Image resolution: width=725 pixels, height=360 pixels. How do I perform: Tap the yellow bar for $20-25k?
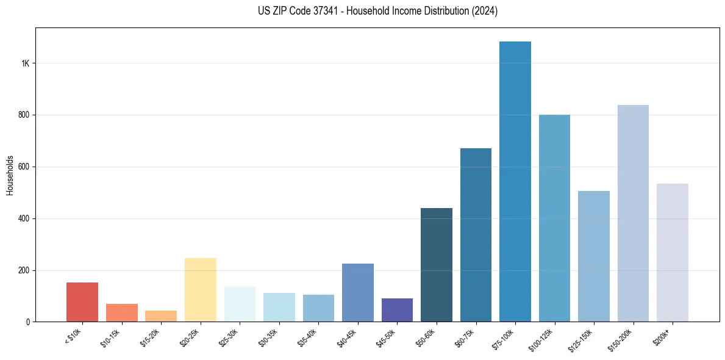pyautogui.click(x=201, y=290)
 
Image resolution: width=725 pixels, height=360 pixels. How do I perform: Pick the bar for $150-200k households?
pyautogui.click(x=633, y=214)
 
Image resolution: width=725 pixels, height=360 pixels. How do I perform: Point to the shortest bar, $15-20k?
pyautogui.click(x=161, y=316)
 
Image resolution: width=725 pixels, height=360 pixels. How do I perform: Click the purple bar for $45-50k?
pyautogui.click(x=397, y=310)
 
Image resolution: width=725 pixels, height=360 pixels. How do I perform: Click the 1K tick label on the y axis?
pyautogui.click(x=25, y=63)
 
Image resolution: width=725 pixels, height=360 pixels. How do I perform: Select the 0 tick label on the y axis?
pyautogui.click(x=28, y=322)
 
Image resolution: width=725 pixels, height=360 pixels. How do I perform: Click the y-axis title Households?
pyautogui.click(x=10, y=175)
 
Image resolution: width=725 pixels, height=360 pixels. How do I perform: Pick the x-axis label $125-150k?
pyautogui.click(x=582, y=338)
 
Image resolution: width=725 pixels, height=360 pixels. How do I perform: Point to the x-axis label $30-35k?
pyautogui.click(x=269, y=336)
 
